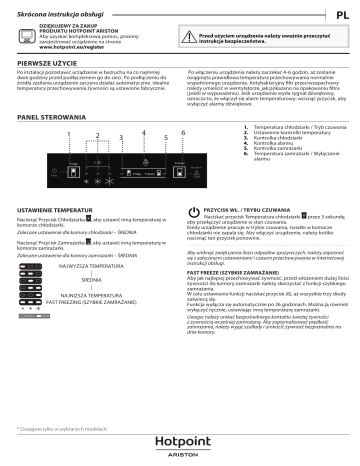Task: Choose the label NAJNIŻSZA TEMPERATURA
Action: tap(82, 322)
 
